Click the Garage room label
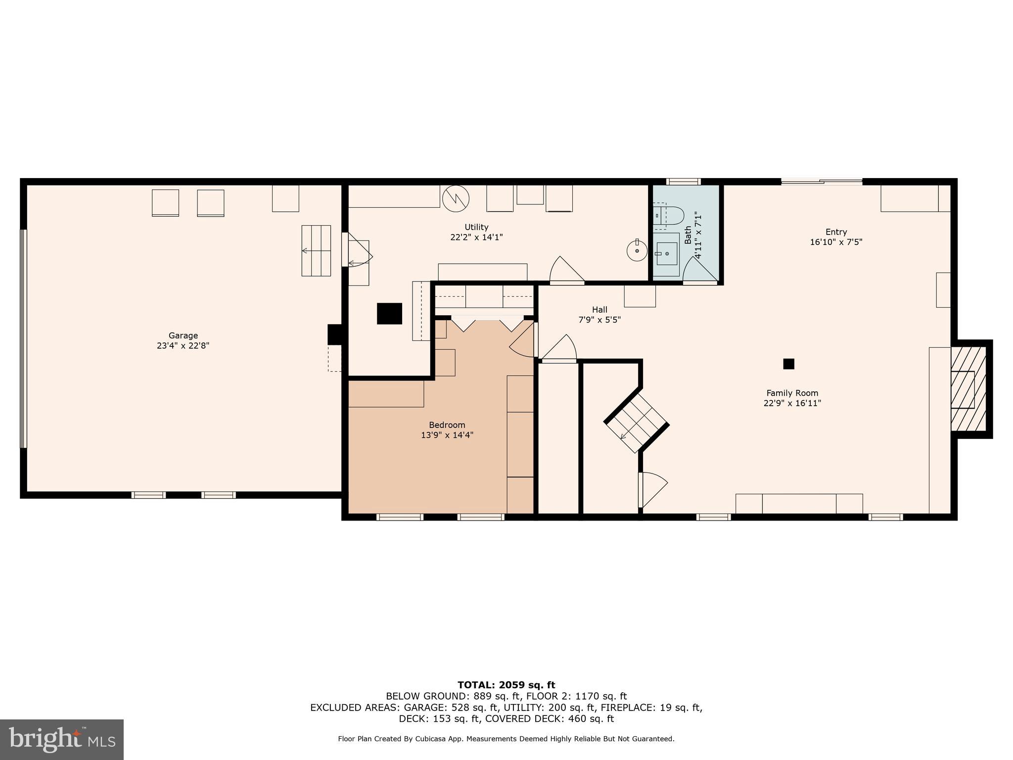click(183, 335)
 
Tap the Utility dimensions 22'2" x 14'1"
click(476, 237)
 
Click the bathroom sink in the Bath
click(666, 254)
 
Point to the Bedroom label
click(447, 425)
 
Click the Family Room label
click(792, 393)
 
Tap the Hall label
click(599, 310)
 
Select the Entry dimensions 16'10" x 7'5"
click(836, 242)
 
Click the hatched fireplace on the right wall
click(968, 389)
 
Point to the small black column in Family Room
click(788, 364)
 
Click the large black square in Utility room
click(389, 313)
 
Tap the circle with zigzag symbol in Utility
click(455, 198)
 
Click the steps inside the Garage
click(316, 250)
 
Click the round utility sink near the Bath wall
click(637, 251)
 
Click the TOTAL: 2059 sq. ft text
click(506, 685)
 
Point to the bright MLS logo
click(62, 740)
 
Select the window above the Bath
click(683, 182)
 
